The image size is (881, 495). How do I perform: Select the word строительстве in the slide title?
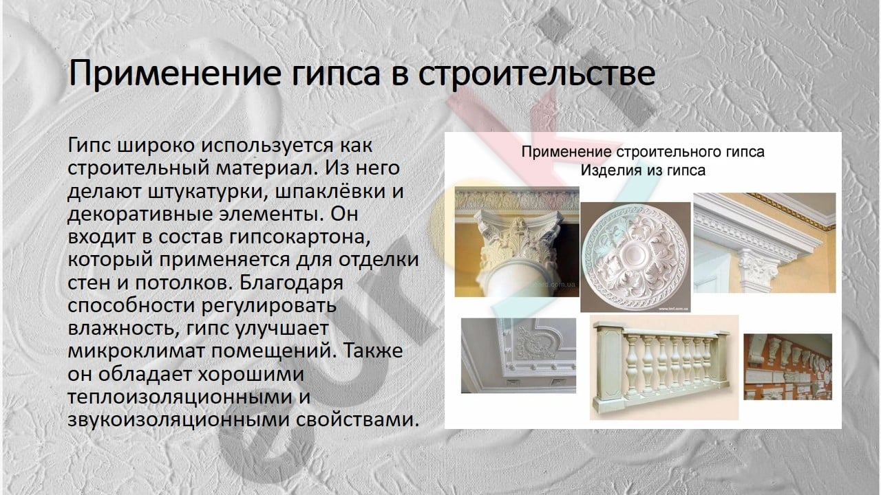coord(536,74)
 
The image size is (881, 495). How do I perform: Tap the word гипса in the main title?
coord(337,76)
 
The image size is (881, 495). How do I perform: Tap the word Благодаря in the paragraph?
coord(291,283)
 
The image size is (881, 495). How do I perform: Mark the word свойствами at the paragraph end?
coord(357,419)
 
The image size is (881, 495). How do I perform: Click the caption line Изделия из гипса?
coord(643,170)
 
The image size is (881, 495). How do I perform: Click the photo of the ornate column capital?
coord(517,241)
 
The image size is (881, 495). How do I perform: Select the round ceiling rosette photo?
coord(635,257)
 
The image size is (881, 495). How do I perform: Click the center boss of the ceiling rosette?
coord(635,255)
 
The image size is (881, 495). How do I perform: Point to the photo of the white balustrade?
coord(664,367)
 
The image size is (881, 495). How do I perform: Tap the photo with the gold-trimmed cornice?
coord(765,243)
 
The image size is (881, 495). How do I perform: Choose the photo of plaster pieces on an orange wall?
coord(788,367)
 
